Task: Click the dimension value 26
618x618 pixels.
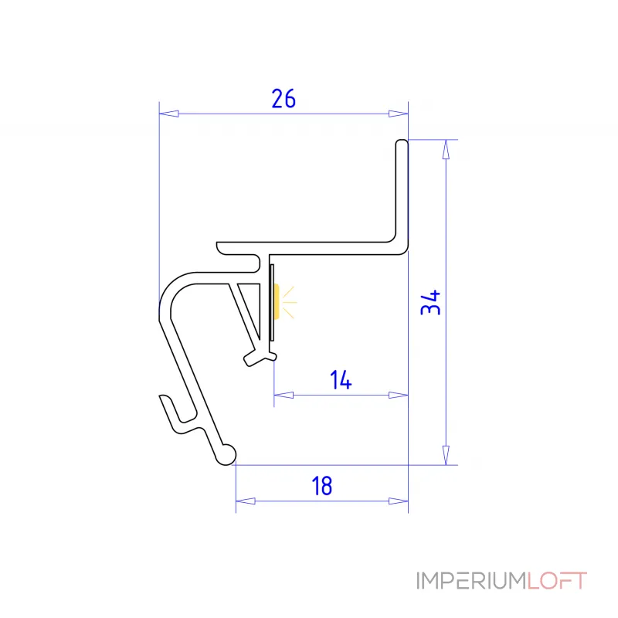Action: (x=284, y=99)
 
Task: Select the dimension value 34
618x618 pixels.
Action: (x=430, y=302)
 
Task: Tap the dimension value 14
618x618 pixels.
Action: (x=341, y=380)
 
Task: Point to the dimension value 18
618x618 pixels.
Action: (x=322, y=486)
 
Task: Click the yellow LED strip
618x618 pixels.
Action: (x=277, y=301)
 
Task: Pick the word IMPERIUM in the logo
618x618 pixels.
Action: (x=472, y=581)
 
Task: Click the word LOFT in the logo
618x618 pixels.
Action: (x=557, y=581)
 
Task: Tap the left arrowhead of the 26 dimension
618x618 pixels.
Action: (x=168, y=114)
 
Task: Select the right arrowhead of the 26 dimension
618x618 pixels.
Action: (x=398, y=114)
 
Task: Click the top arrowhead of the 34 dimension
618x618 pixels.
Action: (x=446, y=149)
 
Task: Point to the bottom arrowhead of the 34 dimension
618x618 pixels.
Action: (x=446, y=455)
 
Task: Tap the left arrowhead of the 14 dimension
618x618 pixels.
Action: (x=284, y=395)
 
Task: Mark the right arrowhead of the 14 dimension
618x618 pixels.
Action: (x=398, y=395)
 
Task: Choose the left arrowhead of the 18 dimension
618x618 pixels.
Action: (x=246, y=501)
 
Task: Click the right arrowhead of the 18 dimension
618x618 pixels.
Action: (x=398, y=501)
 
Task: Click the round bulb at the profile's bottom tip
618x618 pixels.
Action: (x=227, y=455)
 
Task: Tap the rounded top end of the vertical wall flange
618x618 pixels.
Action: (x=402, y=144)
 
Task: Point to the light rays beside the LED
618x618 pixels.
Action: (x=289, y=302)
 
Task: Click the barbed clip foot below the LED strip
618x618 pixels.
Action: (x=260, y=357)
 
